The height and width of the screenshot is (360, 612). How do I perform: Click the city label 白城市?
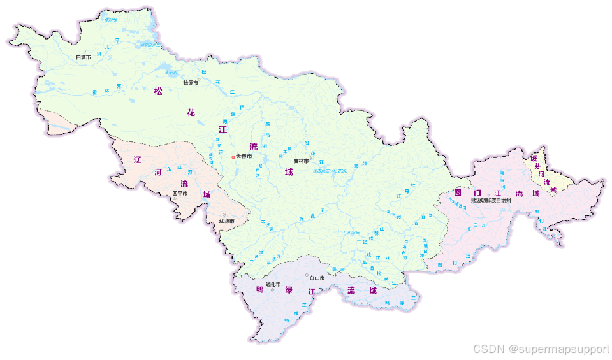tap(83, 57)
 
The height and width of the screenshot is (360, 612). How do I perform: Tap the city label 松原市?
tap(191, 83)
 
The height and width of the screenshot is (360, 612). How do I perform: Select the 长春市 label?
tap(244, 156)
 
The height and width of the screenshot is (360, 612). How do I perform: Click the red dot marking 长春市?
tap(233, 157)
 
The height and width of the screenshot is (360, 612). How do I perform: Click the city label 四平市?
tap(180, 193)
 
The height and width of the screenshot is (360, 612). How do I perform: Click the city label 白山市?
tap(317, 278)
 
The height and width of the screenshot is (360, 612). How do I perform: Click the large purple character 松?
tap(158, 91)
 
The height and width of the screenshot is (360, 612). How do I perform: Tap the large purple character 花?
tap(191, 113)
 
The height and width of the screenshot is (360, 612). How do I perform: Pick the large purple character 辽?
tap(137, 159)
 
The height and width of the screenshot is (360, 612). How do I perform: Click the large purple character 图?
tap(457, 192)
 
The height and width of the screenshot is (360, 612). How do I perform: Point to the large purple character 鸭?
tap(260, 290)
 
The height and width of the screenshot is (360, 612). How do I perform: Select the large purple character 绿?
tap(288, 291)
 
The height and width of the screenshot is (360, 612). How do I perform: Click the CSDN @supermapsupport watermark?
tap(541, 349)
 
